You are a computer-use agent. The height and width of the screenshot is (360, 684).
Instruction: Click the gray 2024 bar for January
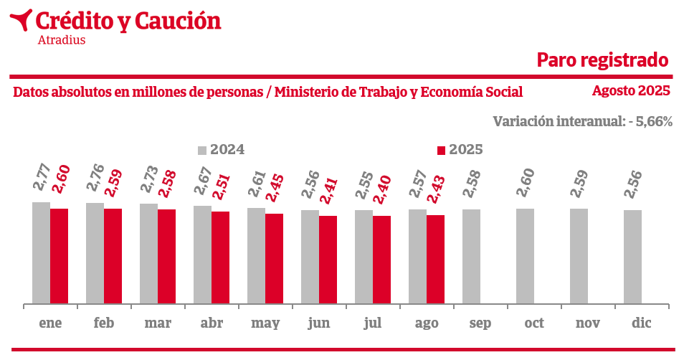(x=41, y=253)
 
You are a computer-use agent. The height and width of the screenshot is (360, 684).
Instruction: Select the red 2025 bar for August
(x=435, y=260)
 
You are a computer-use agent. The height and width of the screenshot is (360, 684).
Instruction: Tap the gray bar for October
(x=525, y=257)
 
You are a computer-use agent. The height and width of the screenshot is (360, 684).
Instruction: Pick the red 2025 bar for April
(x=220, y=258)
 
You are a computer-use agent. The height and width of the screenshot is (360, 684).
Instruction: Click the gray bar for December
(x=632, y=257)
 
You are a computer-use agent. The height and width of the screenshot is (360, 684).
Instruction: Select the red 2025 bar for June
(x=328, y=260)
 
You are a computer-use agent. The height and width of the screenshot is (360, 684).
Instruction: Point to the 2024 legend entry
(x=222, y=150)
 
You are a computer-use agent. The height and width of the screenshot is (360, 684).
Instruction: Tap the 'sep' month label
(x=480, y=323)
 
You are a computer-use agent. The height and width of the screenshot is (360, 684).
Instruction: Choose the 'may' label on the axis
(x=265, y=323)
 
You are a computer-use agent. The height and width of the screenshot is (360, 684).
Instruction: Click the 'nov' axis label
(x=588, y=323)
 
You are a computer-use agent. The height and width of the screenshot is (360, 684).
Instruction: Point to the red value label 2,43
(x=437, y=188)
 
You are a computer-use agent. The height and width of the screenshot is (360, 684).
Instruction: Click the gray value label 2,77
(x=42, y=176)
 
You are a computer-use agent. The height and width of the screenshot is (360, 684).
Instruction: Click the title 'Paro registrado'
(x=603, y=60)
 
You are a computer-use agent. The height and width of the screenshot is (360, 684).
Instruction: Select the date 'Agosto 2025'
(x=631, y=91)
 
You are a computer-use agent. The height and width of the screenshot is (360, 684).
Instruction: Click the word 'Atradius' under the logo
(x=61, y=40)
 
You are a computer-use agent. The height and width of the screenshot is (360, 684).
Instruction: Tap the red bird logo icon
(x=21, y=19)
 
